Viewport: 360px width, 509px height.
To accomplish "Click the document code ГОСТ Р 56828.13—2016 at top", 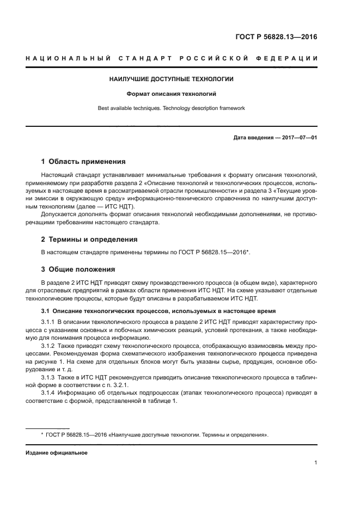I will coord(276,38).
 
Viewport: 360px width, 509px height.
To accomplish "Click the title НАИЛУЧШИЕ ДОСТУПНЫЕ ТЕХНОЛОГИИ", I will coord(172,79).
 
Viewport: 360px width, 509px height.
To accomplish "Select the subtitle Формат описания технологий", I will coord(172,94).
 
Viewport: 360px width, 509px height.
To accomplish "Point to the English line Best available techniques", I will coord(171,108).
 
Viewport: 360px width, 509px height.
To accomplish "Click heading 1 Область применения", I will coord(83,162).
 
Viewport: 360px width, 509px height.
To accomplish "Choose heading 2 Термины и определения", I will coord(89,239).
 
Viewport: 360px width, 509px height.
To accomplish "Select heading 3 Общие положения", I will coord(78,269).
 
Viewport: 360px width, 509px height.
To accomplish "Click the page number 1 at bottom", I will coord(315,463).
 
